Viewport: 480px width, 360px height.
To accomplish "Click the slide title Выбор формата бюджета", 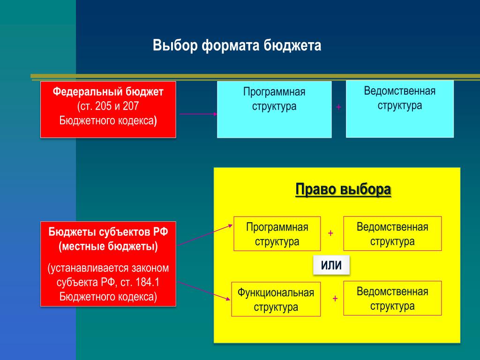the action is (237, 45).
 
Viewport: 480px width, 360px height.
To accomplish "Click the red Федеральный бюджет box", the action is (108, 109).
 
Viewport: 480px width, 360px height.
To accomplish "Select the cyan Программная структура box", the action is (274, 109).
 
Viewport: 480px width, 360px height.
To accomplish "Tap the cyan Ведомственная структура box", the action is (400, 109).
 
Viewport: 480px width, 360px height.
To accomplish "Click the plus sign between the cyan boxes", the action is (338, 107).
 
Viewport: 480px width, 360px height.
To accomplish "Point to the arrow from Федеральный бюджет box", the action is (198, 114).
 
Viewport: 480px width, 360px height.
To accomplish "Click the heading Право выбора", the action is (343, 189).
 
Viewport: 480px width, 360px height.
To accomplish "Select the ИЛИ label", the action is (331, 265).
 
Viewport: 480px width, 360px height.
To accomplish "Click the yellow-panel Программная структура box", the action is (277, 234).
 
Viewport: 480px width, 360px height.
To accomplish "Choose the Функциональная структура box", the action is (276, 299).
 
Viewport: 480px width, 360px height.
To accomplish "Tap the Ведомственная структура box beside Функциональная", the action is (392, 298).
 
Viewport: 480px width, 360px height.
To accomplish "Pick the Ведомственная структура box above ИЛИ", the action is (392, 233).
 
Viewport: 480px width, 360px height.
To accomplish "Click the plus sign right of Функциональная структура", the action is (335, 298).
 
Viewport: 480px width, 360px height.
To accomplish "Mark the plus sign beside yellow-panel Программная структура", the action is (330, 233).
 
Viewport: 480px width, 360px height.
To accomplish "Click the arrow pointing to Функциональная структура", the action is (204, 291).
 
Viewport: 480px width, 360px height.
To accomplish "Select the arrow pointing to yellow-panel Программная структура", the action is (205, 235).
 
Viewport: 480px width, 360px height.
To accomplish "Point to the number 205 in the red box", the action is (103, 106).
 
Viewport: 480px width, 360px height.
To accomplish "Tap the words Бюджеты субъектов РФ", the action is (108, 232).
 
